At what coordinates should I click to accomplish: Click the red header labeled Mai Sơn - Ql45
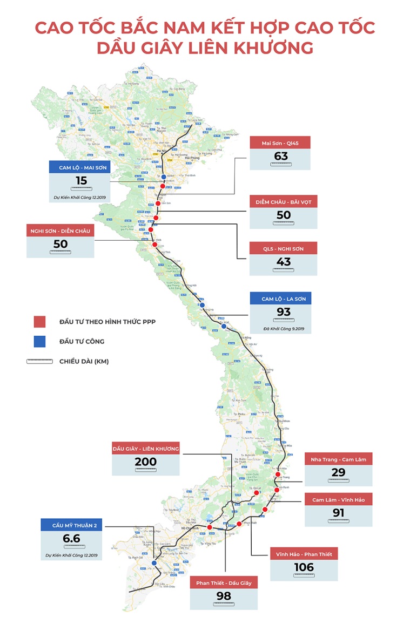click(x=280, y=143)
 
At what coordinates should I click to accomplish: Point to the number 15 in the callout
click(x=81, y=181)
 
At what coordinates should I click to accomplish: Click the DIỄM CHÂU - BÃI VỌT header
click(x=283, y=202)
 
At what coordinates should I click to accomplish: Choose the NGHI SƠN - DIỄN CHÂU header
click(x=61, y=230)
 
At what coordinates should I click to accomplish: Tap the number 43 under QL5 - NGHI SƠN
click(x=283, y=262)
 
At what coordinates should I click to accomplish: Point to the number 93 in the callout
click(x=283, y=312)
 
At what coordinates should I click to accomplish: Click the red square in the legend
click(x=39, y=322)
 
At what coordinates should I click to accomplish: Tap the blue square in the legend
click(x=39, y=341)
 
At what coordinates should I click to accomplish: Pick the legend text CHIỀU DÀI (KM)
click(x=84, y=361)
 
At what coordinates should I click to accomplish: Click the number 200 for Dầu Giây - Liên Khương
click(x=145, y=462)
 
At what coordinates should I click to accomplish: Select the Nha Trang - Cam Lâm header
click(x=338, y=459)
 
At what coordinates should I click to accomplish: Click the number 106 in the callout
click(x=304, y=567)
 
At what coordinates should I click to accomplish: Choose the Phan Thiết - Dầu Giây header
click(x=224, y=583)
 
